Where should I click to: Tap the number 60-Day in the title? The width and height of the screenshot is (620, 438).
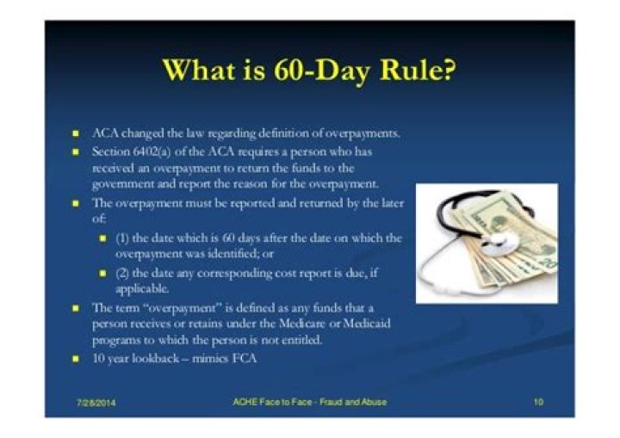[x=321, y=72]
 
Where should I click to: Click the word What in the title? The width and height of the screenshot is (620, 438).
[x=200, y=71]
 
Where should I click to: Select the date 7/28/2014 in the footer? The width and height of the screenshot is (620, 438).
[x=96, y=404]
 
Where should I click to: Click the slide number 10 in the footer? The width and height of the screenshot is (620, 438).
[x=538, y=402]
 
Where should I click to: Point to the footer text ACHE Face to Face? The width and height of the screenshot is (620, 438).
[x=272, y=402]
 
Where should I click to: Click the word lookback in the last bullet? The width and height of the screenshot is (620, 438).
[x=155, y=358]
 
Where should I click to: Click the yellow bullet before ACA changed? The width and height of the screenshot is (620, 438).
[x=76, y=133]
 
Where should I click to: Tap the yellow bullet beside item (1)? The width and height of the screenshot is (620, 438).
[x=102, y=238]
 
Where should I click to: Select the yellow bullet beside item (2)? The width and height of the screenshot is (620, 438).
[x=102, y=273]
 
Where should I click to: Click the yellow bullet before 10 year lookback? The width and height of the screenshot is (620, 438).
[x=76, y=359]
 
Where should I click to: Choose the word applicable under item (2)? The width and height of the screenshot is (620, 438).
[x=142, y=289]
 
